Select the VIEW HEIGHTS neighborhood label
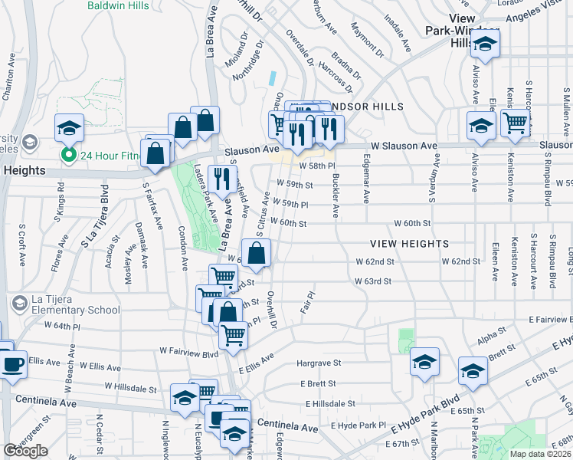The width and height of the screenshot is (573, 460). [x=409, y=243]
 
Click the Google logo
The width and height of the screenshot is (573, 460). [x=25, y=451]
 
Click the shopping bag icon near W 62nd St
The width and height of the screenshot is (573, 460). [x=257, y=252]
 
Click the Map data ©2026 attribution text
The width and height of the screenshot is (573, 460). [x=540, y=453]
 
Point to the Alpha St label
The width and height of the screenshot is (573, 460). [x=487, y=338]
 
